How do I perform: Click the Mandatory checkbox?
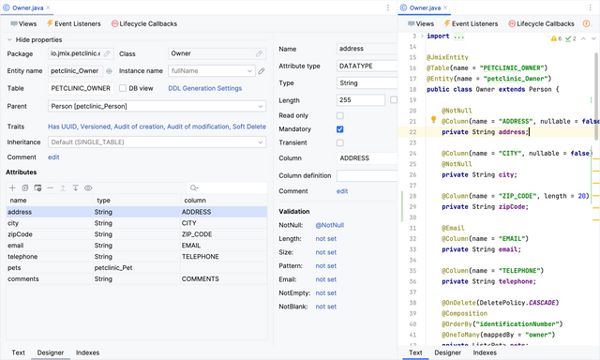click(x=339, y=128)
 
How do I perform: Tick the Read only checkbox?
click(x=339, y=114)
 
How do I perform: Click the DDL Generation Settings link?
click(x=204, y=88)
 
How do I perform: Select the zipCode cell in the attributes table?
click(x=20, y=234)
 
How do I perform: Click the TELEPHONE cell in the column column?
click(x=201, y=256)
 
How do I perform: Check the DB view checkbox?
click(x=124, y=88)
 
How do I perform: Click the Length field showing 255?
click(x=360, y=100)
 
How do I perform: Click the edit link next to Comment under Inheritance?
click(x=53, y=157)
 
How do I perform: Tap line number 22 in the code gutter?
click(x=412, y=132)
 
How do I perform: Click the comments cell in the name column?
click(x=23, y=278)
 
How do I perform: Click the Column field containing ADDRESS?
click(x=360, y=158)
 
